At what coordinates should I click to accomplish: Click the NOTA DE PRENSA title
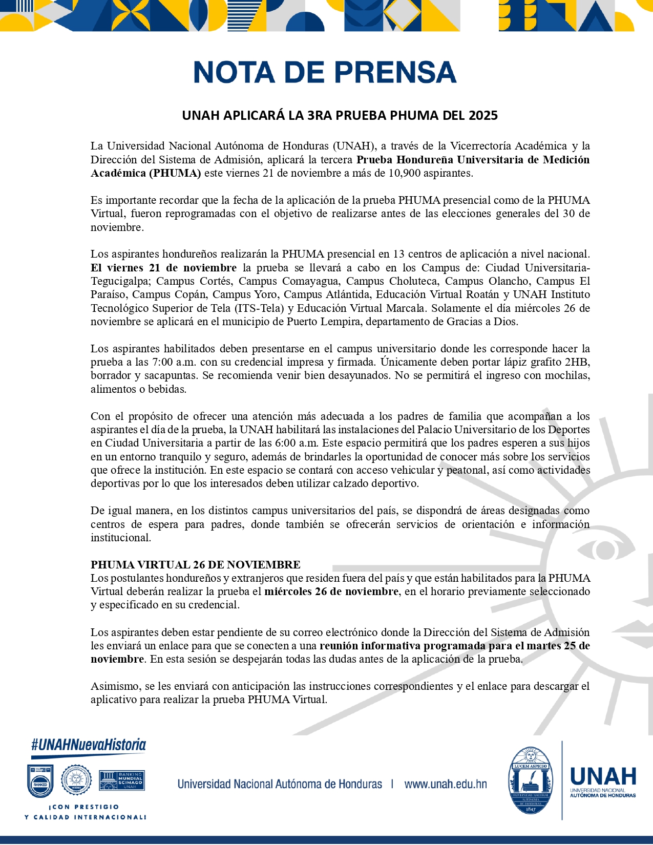click(x=325, y=72)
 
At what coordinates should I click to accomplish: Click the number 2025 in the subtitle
click(x=482, y=115)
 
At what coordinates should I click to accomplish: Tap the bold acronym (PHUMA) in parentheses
click(x=176, y=173)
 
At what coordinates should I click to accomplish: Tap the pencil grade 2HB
click(x=577, y=362)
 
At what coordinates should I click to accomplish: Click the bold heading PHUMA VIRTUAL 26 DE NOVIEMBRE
click(x=196, y=565)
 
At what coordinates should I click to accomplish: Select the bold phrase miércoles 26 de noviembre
click(x=331, y=591)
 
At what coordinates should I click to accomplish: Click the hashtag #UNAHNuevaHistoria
click(x=89, y=745)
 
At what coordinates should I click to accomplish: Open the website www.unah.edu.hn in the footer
click(x=446, y=784)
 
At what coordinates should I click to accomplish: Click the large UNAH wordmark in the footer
click(x=603, y=776)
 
